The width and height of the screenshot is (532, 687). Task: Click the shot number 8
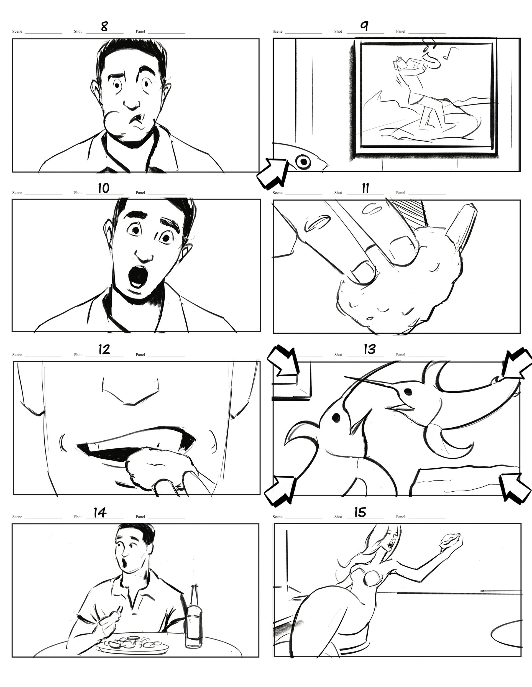coord(104,26)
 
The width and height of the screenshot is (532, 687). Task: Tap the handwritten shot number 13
coord(369,349)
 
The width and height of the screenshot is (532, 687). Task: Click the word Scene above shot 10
coord(17,193)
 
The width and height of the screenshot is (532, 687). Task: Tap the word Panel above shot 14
coord(140,517)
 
